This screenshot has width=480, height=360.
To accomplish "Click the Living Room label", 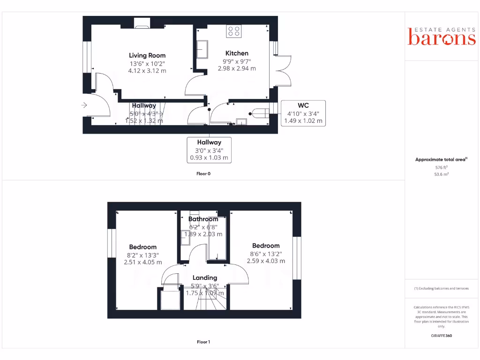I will pos(147,55).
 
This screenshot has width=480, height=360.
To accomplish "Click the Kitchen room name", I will pos(237,53).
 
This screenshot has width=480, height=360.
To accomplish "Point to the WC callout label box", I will pos(303,113).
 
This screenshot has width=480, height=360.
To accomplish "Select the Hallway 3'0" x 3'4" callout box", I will pos(209,150).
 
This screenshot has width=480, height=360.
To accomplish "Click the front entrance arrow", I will pos(84,105).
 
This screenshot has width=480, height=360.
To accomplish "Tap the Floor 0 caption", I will pos(203,173).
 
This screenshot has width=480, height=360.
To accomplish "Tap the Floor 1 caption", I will pos(203,342).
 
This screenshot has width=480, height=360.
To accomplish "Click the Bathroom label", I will pos(203,219).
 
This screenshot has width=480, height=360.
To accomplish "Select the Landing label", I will pos(205,277).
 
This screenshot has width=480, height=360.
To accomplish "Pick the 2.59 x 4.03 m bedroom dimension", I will pos(266,261).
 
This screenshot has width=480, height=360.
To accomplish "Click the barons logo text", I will pos(442,38).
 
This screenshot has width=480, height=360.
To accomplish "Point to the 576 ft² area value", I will pos(441,167).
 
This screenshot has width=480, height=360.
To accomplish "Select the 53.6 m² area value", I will pos(441,174).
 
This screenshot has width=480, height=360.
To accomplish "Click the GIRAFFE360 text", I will pos(441,336).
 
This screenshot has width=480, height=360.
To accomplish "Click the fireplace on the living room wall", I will pos(142,23).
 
